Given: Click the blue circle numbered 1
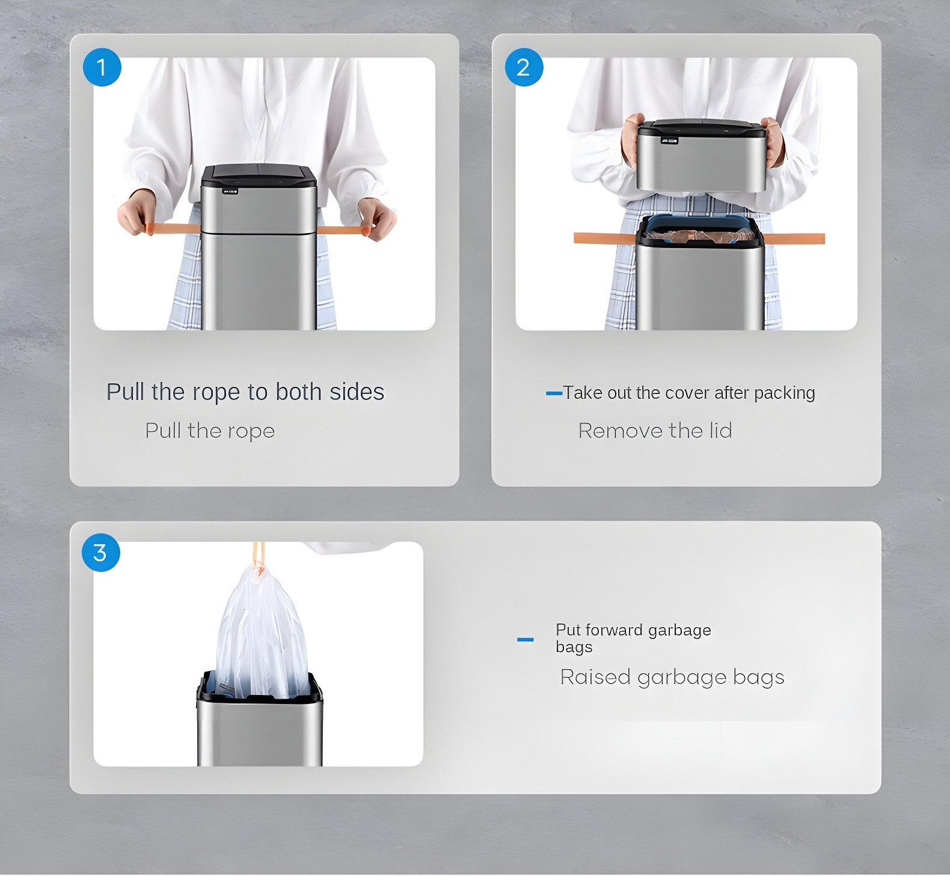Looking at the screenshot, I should coord(102,67).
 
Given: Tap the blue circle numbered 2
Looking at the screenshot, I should coord(524,67).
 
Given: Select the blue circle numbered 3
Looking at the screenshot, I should coord(100,552).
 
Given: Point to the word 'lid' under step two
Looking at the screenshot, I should coord(720,431).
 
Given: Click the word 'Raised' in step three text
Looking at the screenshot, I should coord(595,677).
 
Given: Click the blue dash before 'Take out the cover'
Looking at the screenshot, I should coord(553,393).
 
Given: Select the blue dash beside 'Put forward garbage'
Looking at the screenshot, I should coord(525,640).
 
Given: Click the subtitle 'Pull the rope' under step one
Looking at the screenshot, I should coord(210,431).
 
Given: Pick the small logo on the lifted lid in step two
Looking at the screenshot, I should coord(669,141).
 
